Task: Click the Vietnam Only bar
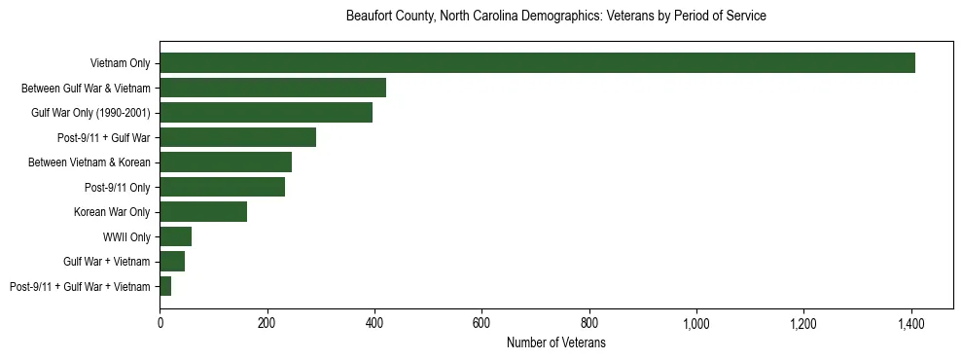tap(537, 63)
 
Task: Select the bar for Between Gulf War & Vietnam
tap(273, 88)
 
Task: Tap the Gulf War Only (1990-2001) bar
tap(267, 113)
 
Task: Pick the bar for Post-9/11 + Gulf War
tap(238, 137)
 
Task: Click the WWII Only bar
tap(176, 236)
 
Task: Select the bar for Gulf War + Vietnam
tap(172, 262)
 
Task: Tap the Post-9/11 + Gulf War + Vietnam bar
tap(166, 286)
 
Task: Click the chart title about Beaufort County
tap(555, 17)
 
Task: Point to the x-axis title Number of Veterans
tap(555, 342)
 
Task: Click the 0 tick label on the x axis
tap(160, 322)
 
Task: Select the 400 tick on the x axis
tap(374, 322)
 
